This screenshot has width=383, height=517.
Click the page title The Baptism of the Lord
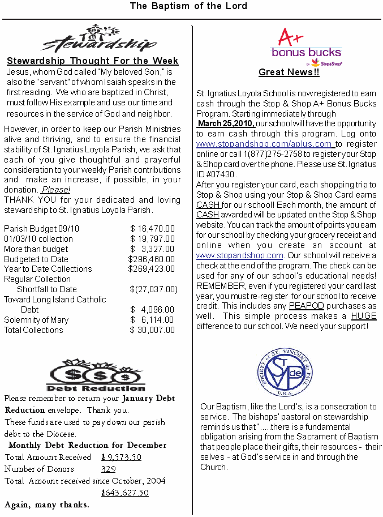click(x=188, y=6)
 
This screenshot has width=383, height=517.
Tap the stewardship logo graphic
click(x=100, y=39)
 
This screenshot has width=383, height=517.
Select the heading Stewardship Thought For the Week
click(x=93, y=61)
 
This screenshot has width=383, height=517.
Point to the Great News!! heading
click(x=289, y=72)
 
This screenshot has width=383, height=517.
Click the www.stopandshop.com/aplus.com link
click(x=265, y=144)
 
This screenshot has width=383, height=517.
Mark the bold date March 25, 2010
click(x=226, y=124)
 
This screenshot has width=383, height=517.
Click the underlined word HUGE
click(x=363, y=317)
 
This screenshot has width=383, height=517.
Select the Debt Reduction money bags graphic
click(x=95, y=375)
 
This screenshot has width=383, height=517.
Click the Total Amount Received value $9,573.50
click(x=121, y=458)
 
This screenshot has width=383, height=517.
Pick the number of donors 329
click(x=109, y=469)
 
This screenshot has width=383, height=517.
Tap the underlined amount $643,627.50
click(x=124, y=493)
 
